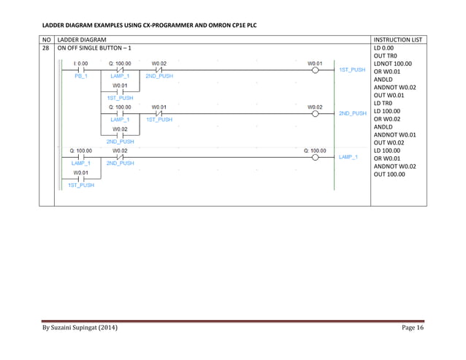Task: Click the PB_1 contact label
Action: click(x=80, y=76)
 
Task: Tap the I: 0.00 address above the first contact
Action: click(x=80, y=64)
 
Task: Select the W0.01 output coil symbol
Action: click(x=315, y=70)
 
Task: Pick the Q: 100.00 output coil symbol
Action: click(x=315, y=156)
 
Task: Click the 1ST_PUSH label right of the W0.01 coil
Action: click(x=352, y=70)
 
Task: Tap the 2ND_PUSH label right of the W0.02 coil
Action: click(x=352, y=113)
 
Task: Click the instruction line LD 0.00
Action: click(x=384, y=47)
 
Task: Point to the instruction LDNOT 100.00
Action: click(x=393, y=64)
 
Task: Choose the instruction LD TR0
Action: click(x=384, y=104)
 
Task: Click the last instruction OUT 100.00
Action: click(x=390, y=175)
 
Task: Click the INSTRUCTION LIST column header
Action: click(x=397, y=38)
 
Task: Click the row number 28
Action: click(x=45, y=47)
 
